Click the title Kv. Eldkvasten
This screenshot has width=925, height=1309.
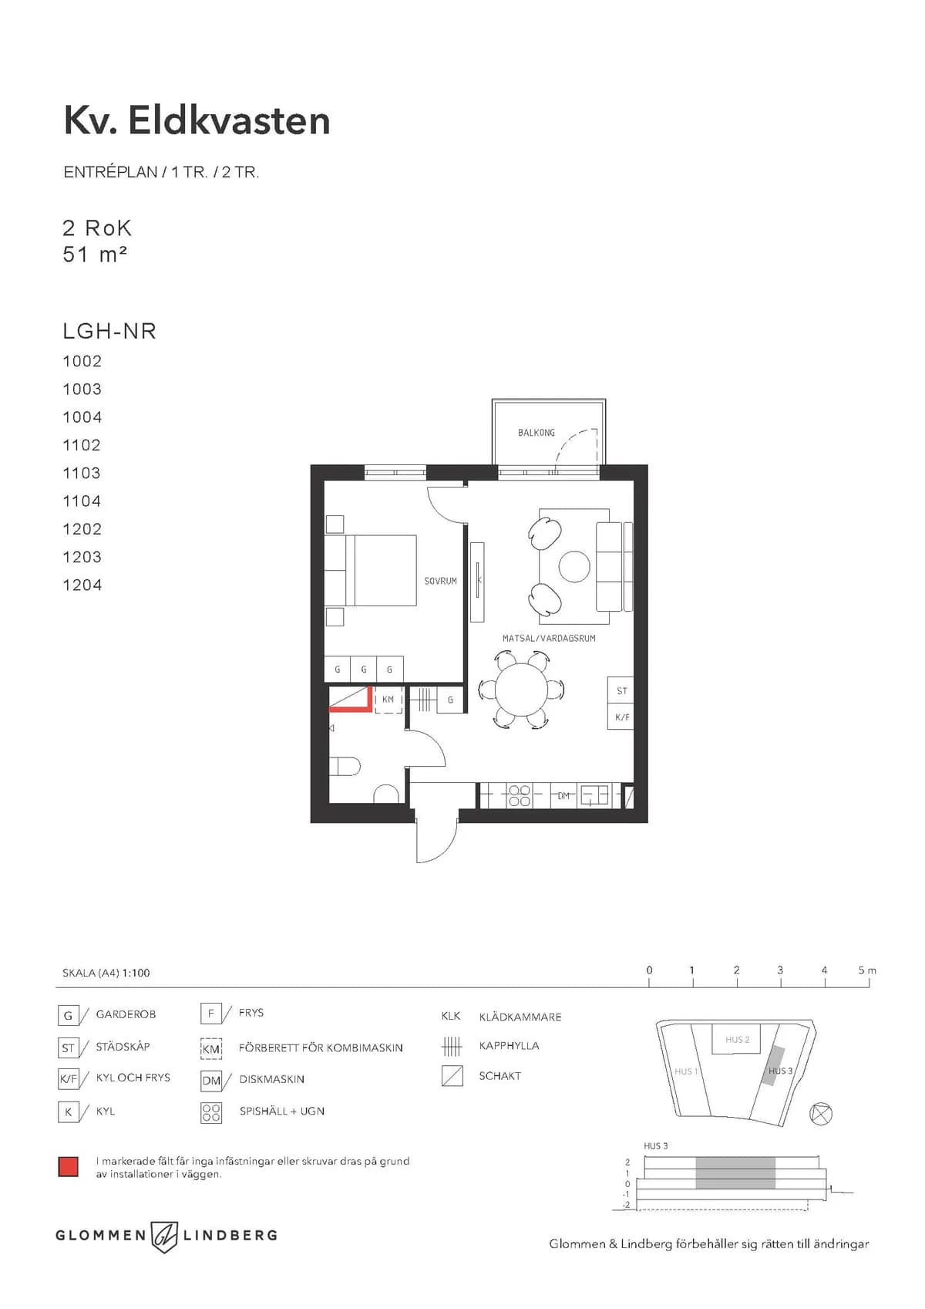point(197,121)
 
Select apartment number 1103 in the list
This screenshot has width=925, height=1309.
point(82,473)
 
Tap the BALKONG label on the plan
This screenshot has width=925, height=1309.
point(536,433)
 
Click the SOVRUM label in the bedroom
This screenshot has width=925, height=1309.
point(440,581)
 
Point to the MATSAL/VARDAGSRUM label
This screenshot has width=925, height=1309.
point(548,639)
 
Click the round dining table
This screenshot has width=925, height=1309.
point(521,689)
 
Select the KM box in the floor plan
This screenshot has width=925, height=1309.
point(388,700)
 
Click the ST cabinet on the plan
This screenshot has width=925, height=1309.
point(621,691)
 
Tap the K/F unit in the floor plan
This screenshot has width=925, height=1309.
point(621,717)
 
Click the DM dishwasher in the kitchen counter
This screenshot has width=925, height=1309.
point(564,795)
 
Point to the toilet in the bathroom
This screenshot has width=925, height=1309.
point(345,766)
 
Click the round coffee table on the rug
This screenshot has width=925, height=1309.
point(574,567)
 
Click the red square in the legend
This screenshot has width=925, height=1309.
point(69,1166)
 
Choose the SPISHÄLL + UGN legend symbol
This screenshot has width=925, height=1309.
point(211,1112)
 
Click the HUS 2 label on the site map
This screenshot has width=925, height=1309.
point(737,1040)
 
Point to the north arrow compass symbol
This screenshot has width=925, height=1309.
point(822,1114)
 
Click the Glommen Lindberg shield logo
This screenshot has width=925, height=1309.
point(164,1236)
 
